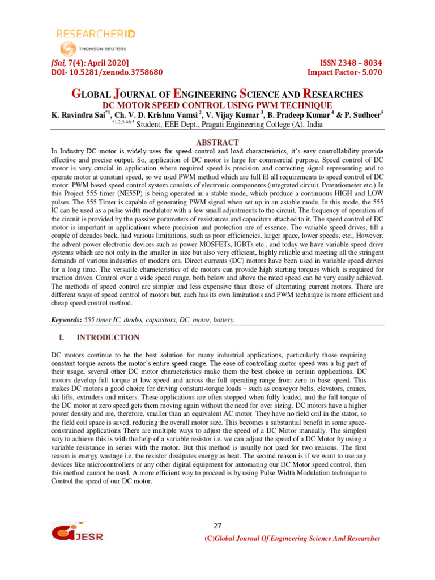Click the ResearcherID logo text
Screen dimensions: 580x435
(x=95, y=34)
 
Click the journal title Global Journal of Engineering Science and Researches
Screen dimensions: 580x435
(x=217, y=94)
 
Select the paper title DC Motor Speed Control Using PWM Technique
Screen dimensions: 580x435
(x=217, y=106)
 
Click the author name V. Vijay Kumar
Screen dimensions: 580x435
(x=233, y=116)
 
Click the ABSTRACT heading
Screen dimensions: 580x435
(x=217, y=142)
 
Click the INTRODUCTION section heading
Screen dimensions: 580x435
(x=108, y=338)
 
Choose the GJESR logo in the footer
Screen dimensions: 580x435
(x=78, y=533)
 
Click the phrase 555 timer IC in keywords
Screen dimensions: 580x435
(x=105, y=320)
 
